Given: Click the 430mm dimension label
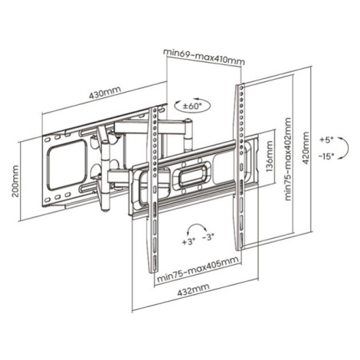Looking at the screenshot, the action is [x=105, y=93].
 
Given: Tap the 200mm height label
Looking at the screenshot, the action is [x=15, y=181].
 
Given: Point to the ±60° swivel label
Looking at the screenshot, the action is [x=192, y=106].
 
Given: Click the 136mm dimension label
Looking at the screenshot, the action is [x=270, y=156].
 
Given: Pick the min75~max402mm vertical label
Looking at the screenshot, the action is [x=287, y=159].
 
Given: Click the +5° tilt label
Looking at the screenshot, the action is [x=326, y=140].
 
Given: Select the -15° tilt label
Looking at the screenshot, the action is [x=326, y=156].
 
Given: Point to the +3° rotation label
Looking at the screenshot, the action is [x=188, y=241].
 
